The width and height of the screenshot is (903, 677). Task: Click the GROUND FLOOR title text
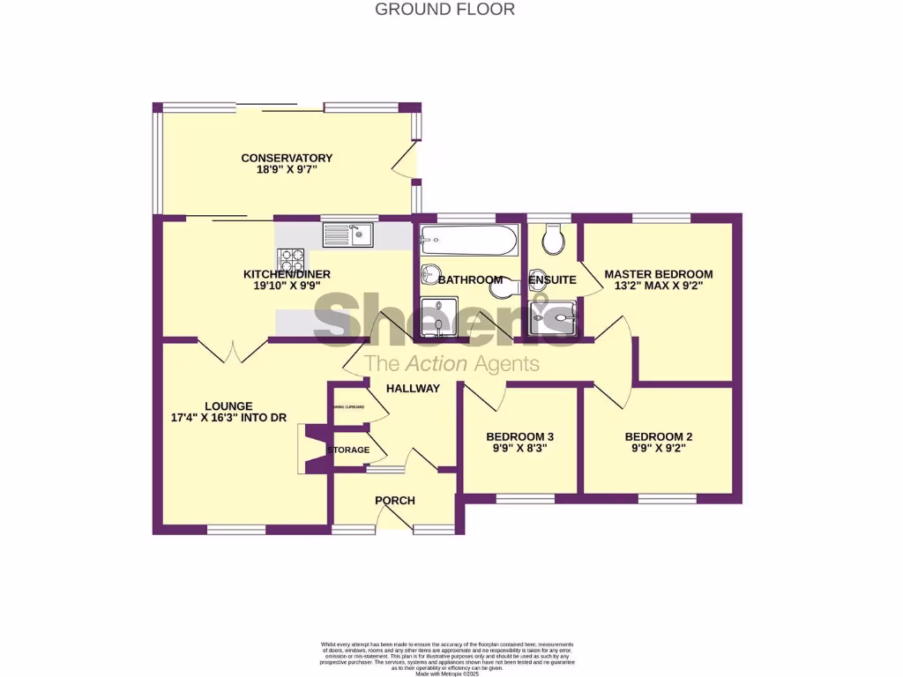pyautogui.click(x=444, y=10)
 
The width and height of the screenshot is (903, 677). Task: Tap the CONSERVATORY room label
pyautogui.click(x=287, y=159)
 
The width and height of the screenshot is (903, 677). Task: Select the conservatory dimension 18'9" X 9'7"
pyautogui.click(x=287, y=172)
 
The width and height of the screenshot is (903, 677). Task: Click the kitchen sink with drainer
pyautogui.click(x=349, y=234)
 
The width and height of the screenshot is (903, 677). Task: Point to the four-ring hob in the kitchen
pyautogui.click(x=291, y=259)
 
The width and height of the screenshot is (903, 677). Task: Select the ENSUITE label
pyautogui.click(x=552, y=280)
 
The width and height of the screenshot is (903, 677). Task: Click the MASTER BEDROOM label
pyautogui.click(x=658, y=274)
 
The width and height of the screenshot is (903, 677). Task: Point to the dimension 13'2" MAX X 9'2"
pyautogui.click(x=658, y=286)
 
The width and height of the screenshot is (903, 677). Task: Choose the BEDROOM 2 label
pyautogui.click(x=658, y=436)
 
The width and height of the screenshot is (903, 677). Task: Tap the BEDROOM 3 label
pyautogui.click(x=519, y=436)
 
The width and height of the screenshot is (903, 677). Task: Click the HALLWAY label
pyautogui.click(x=412, y=388)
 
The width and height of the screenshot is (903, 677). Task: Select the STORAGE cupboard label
pyautogui.click(x=348, y=450)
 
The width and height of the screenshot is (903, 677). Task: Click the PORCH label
pyautogui.click(x=394, y=501)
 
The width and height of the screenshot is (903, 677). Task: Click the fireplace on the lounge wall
pyautogui.click(x=311, y=449)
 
